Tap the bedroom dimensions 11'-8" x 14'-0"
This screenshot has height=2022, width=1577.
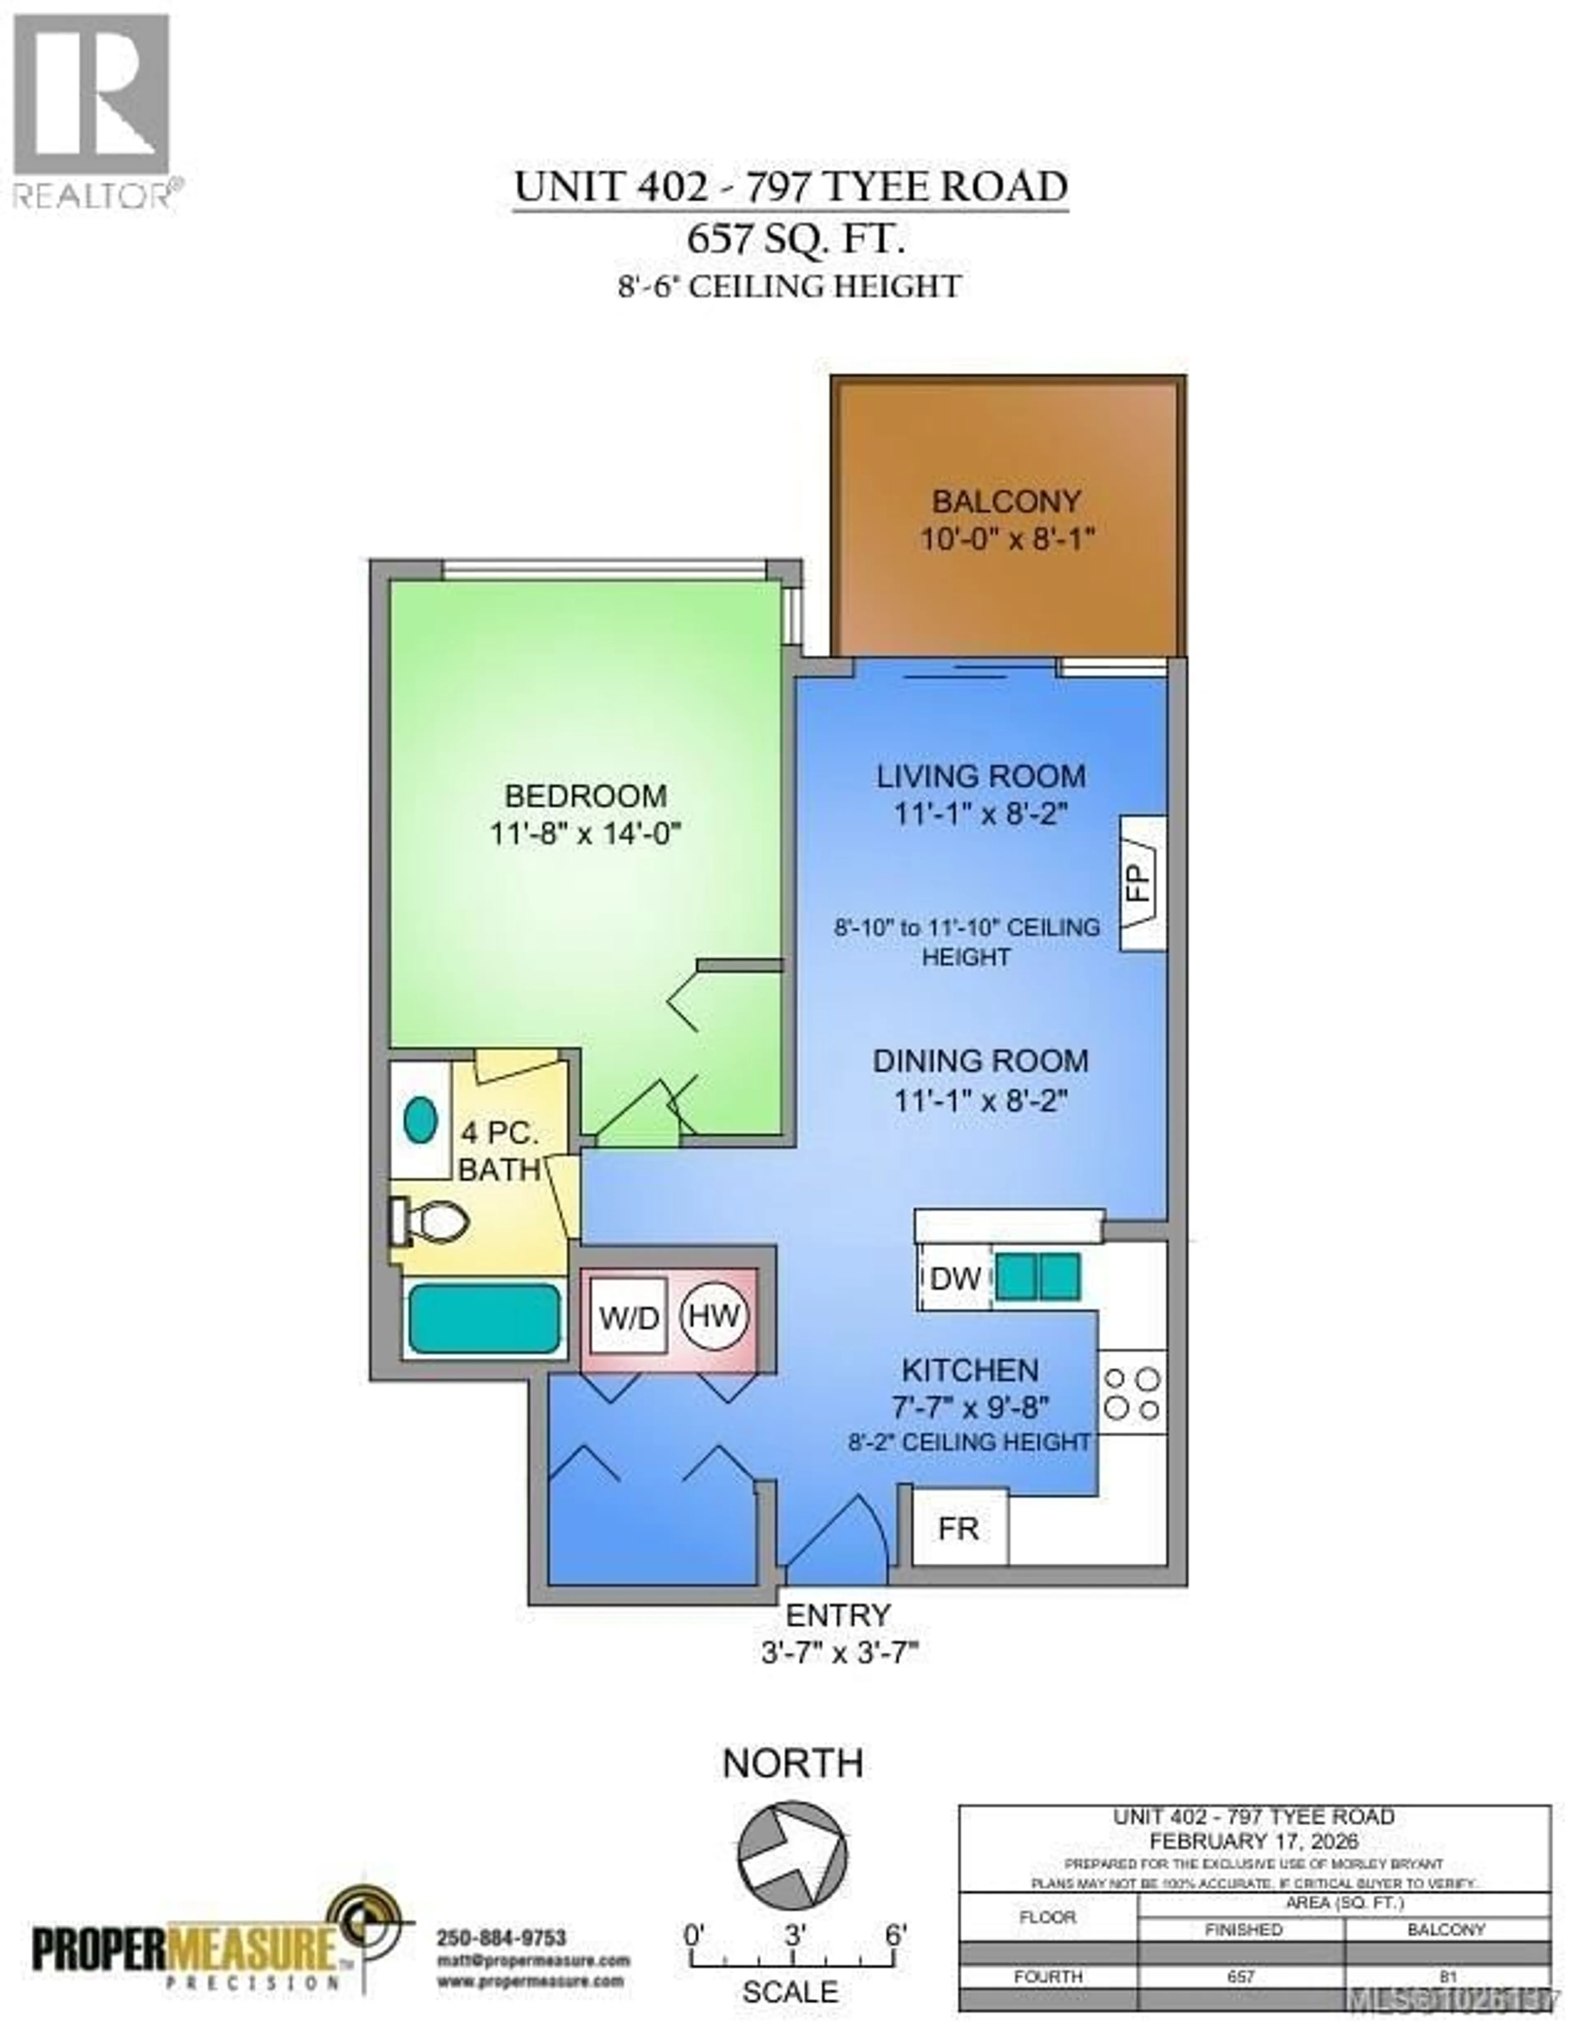click(x=585, y=834)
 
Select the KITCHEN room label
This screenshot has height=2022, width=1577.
click(x=970, y=1370)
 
